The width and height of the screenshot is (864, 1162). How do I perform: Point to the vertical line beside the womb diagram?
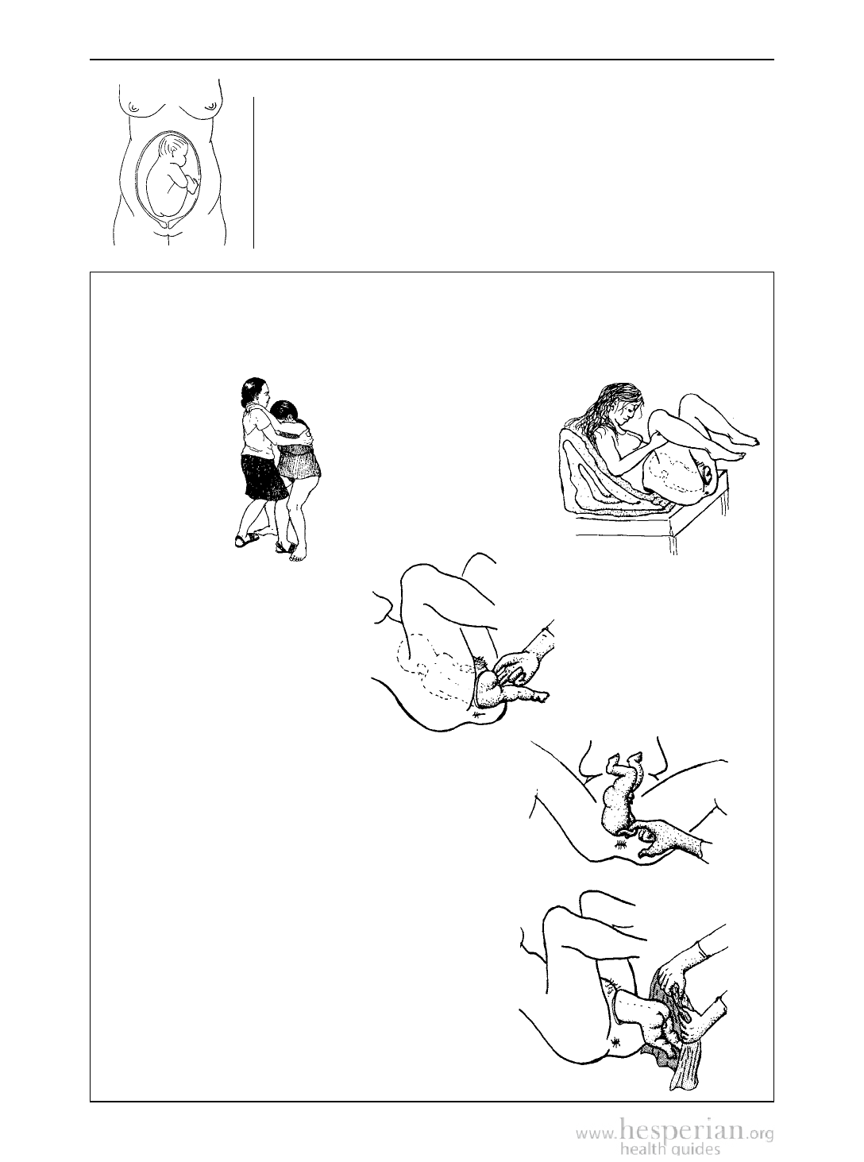(x=253, y=172)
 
